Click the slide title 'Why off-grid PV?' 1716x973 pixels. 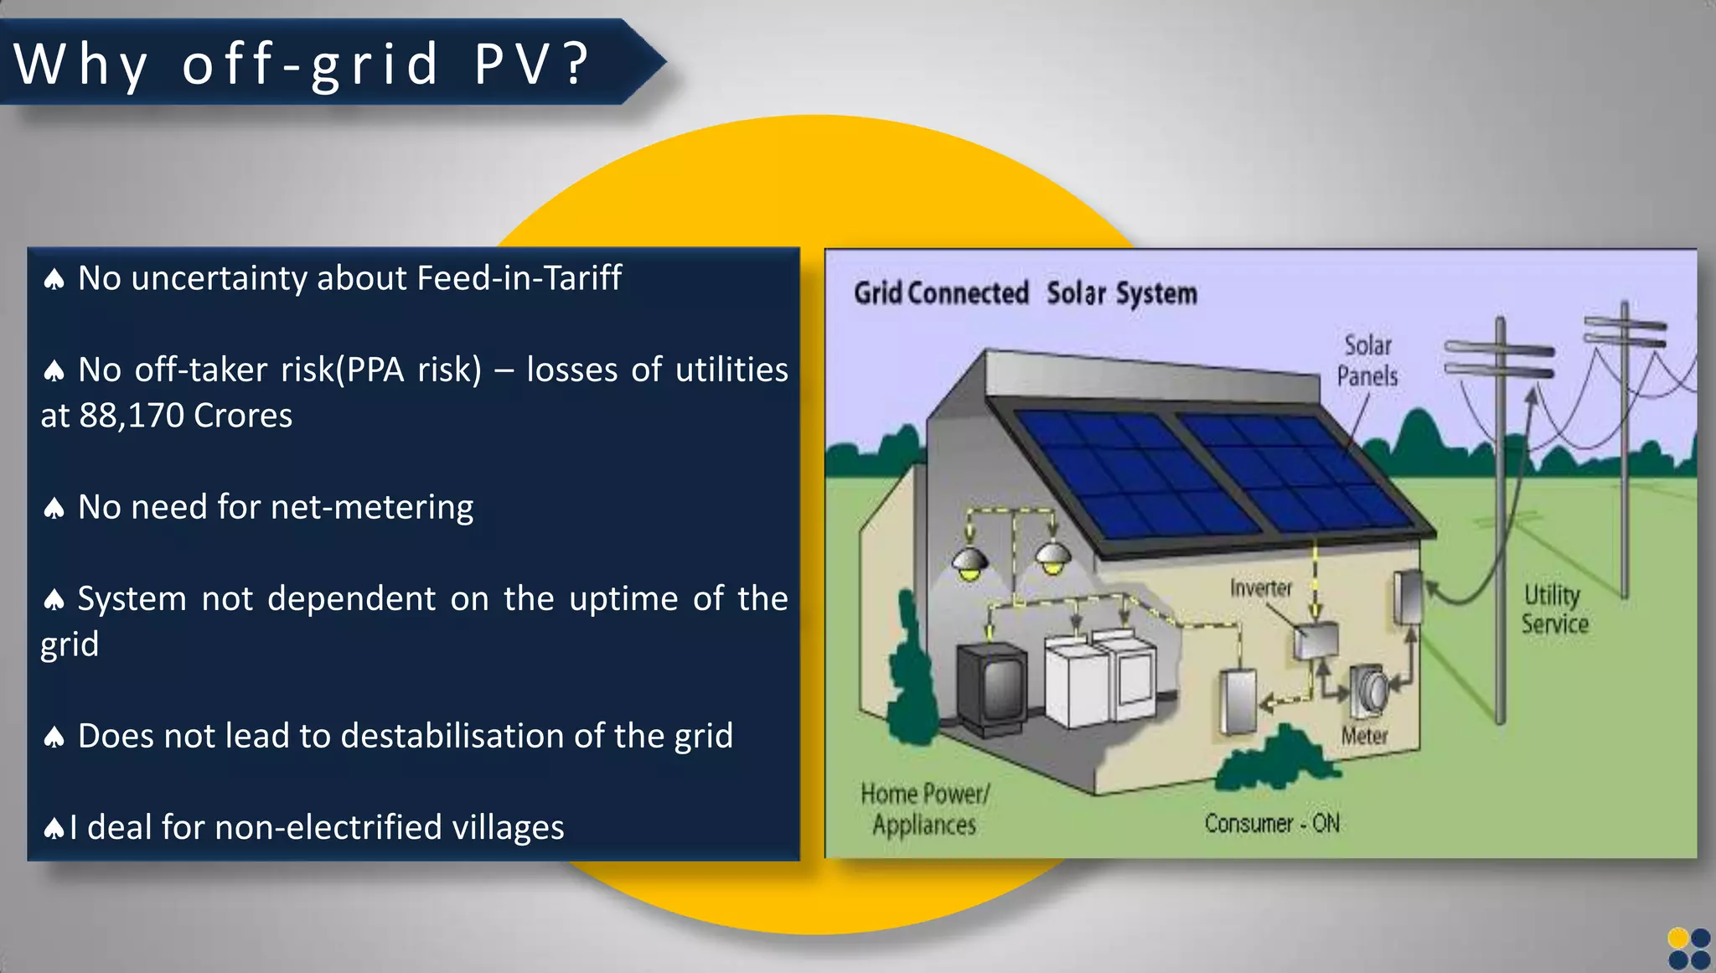click(x=302, y=64)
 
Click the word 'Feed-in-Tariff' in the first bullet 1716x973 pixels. click(x=519, y=278)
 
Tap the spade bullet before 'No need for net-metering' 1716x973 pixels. click(x=54, y=509)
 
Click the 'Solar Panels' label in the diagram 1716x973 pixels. click(x=1367, y=361)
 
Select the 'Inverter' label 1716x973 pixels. click(x=1260, y=588)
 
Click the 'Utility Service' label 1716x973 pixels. click(x=1554, y=609)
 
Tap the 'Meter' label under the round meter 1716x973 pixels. click(x=1364, y=736)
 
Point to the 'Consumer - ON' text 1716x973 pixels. click(x=1271, y=824)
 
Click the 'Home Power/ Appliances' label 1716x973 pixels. click(x=924, y=809)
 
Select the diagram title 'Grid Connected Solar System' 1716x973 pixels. click(x=1025, y=293)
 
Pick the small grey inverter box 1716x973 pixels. click(x=1315, y=642)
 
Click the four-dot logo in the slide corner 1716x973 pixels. click(x=1688, y=949)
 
